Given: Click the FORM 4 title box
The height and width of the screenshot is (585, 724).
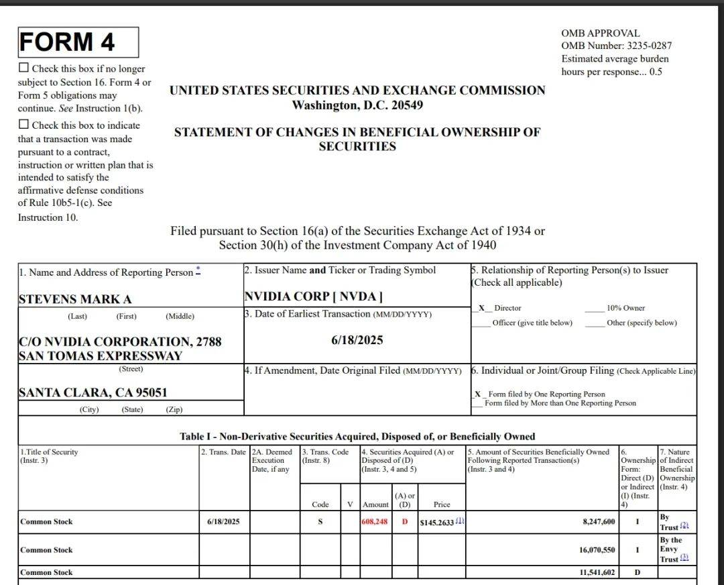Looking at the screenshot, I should click(78, 42).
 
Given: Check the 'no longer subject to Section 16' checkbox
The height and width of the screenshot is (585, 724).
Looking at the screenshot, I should click(24, 68).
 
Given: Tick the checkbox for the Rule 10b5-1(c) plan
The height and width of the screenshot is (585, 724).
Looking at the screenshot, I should click(24, 124).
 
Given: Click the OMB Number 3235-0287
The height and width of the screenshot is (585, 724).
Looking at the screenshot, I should click(616, 46).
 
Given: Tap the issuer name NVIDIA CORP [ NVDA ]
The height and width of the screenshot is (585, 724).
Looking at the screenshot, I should click(313, 296).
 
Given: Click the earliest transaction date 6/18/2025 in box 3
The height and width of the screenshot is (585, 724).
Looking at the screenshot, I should click(357, 340).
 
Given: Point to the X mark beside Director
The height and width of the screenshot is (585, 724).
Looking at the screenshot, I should click(481, 308).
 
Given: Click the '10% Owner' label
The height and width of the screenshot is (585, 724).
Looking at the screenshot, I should click(625, 308).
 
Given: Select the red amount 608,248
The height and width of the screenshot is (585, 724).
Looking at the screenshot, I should click(375, 522).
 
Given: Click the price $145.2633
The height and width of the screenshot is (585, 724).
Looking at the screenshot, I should click(437, 522).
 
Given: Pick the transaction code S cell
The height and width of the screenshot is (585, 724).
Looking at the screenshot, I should click(320, 522).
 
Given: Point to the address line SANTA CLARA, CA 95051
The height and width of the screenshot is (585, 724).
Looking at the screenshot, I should click(93, 392).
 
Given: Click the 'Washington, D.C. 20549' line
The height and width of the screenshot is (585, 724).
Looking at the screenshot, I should click(357, 105).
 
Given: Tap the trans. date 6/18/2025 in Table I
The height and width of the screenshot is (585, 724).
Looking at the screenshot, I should click(224, 522).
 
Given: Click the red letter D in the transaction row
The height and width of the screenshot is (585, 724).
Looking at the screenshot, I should click(404, 522).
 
